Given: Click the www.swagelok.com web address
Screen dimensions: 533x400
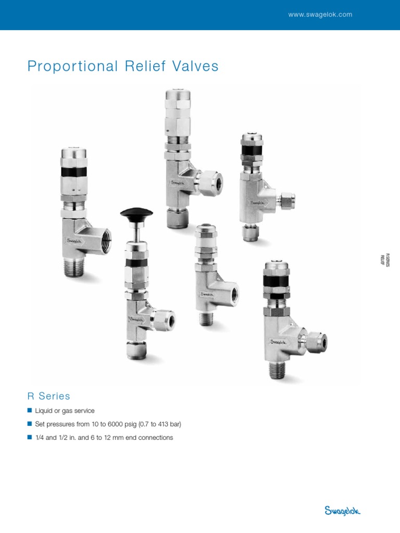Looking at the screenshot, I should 320,15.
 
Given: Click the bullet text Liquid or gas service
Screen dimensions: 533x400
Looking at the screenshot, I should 65,411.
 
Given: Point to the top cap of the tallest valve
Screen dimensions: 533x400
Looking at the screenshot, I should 178,97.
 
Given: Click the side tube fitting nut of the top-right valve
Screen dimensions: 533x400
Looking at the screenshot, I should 287,199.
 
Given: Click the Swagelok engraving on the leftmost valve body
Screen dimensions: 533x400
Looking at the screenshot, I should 77,240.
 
